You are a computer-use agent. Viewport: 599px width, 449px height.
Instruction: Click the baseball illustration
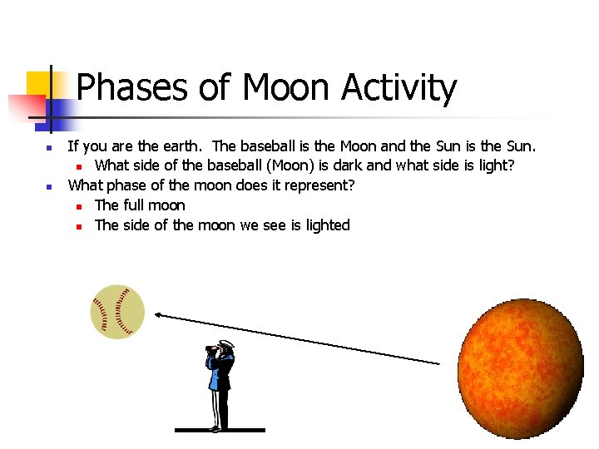(x=117, y=312)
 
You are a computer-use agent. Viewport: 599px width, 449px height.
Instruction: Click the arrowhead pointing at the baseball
(x=158, y=314)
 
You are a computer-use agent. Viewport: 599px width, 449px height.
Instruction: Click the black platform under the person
(x=220, y=430)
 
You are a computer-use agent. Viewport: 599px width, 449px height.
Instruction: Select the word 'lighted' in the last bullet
(x=327, y=225)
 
